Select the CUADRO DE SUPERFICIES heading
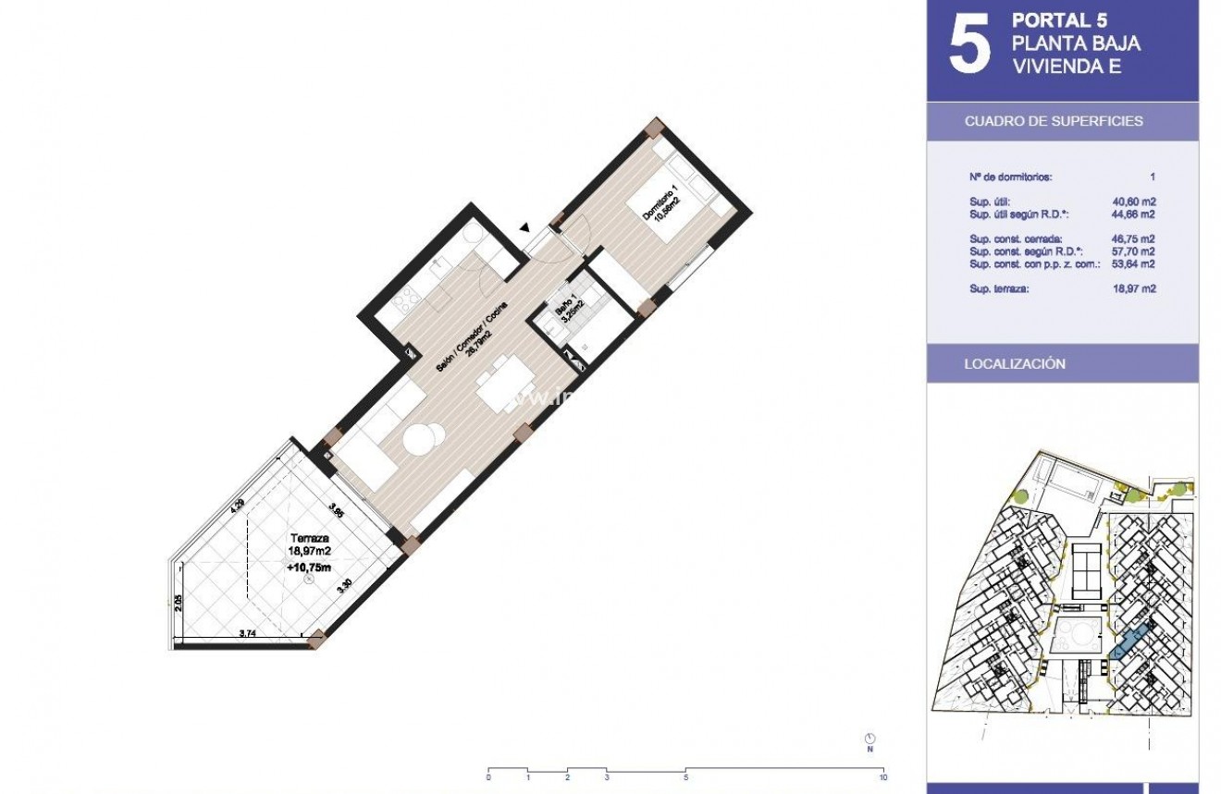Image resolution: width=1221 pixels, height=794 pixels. (1053, 121)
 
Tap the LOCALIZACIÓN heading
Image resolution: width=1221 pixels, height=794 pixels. (1014, 364)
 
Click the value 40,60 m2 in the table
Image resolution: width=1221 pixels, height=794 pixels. (1135, 202)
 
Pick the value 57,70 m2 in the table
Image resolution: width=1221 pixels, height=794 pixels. (1135, 251)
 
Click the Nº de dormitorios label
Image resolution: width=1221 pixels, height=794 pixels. (1010, 177)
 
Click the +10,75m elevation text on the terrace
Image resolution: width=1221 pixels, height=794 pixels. (311, 568)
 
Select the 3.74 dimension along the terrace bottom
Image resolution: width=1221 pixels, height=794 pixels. (248, 633)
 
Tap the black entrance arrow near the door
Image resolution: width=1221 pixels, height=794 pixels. (524, 226)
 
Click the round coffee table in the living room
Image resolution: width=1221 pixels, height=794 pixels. (421, 437)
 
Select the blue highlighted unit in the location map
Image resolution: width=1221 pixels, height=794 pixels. (1130, 641)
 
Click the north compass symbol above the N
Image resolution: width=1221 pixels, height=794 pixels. (869, 738)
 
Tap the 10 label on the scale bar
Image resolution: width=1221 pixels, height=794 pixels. (884, 778)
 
